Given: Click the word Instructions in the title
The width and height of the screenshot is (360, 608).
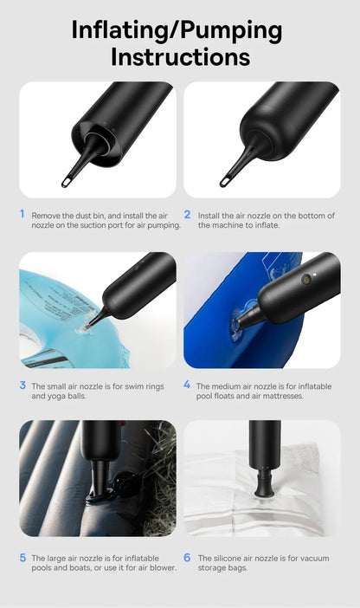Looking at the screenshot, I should (x=180, y=57).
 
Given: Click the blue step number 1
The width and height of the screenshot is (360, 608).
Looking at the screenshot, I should (x=22, y=213).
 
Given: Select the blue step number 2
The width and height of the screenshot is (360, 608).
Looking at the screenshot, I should (x=187, y=213).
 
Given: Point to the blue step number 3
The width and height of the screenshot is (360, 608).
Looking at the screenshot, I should (x=22, y=385).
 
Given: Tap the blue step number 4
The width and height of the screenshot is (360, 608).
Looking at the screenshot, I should (x=187, y=385).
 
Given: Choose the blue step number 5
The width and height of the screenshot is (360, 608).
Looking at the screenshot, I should (x=22, y=557).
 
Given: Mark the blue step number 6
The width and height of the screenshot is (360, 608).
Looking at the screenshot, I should (x=187, y=557).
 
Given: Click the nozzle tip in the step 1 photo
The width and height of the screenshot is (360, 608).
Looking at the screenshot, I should (x=67, y=181).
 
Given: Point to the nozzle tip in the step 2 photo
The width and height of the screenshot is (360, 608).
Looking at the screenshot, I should (x=226, y=181).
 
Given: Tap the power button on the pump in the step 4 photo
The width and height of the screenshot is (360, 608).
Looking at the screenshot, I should (x=305, y=280).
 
